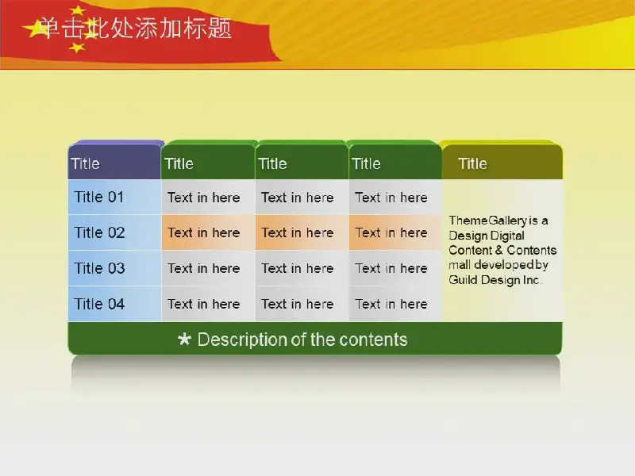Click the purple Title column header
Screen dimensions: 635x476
coord(114,161)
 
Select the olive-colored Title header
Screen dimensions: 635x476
coord(502,161)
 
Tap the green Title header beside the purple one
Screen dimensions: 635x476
coord(208,161)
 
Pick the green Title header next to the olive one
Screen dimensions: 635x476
coord(395,161)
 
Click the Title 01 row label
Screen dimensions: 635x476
coord(98,197)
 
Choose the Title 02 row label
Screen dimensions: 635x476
coord(99,232)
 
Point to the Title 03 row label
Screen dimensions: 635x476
coord(99,268)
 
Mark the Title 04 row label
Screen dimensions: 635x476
coord(99,304)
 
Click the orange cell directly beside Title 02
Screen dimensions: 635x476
coord(208,232)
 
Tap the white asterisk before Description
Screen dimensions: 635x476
coord(184,339)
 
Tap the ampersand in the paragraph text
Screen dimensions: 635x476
coord(498,250)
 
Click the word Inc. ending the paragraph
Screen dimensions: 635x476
coord(531,280)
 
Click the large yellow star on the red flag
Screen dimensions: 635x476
coord(36,29)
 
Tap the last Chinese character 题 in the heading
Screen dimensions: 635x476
coord(220,29)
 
